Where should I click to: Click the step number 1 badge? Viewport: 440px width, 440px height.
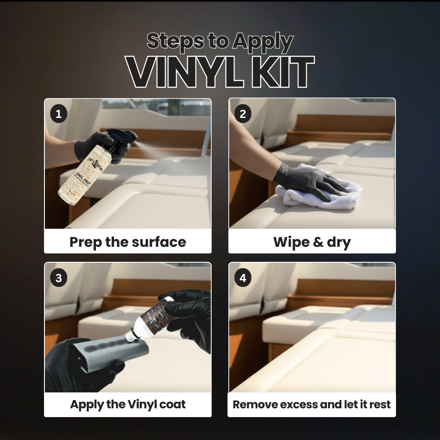(x=59, y=114)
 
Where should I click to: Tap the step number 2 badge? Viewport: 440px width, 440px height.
(x=243, y=114)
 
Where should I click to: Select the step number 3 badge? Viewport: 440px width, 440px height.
(x=59, y=278)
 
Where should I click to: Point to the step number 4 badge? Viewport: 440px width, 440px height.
(x=243, y=278)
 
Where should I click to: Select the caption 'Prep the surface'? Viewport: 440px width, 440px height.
(x=128, y=242)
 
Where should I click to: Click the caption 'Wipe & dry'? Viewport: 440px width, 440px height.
(x=312, y=242)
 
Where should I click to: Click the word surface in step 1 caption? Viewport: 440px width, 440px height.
(x=160, y=242)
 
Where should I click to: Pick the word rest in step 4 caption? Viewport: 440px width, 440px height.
(x=379, y=404)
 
